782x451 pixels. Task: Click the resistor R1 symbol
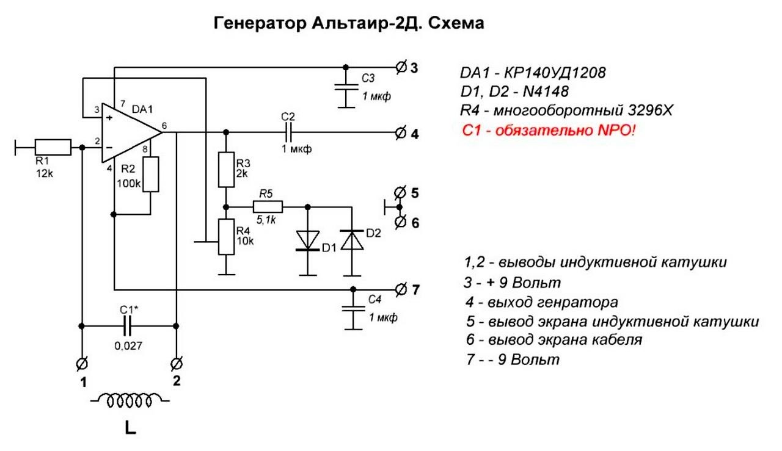click(53, 147)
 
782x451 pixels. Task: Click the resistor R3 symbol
click(226, 169)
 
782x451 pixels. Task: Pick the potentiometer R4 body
click(226, 237)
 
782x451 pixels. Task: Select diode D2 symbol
click(353, 240)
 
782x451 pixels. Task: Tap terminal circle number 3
click(401, 67)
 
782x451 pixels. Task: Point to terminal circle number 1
click(81, 364)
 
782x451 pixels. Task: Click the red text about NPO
click(548, 131)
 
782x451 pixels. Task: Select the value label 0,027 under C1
click(128, 346)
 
